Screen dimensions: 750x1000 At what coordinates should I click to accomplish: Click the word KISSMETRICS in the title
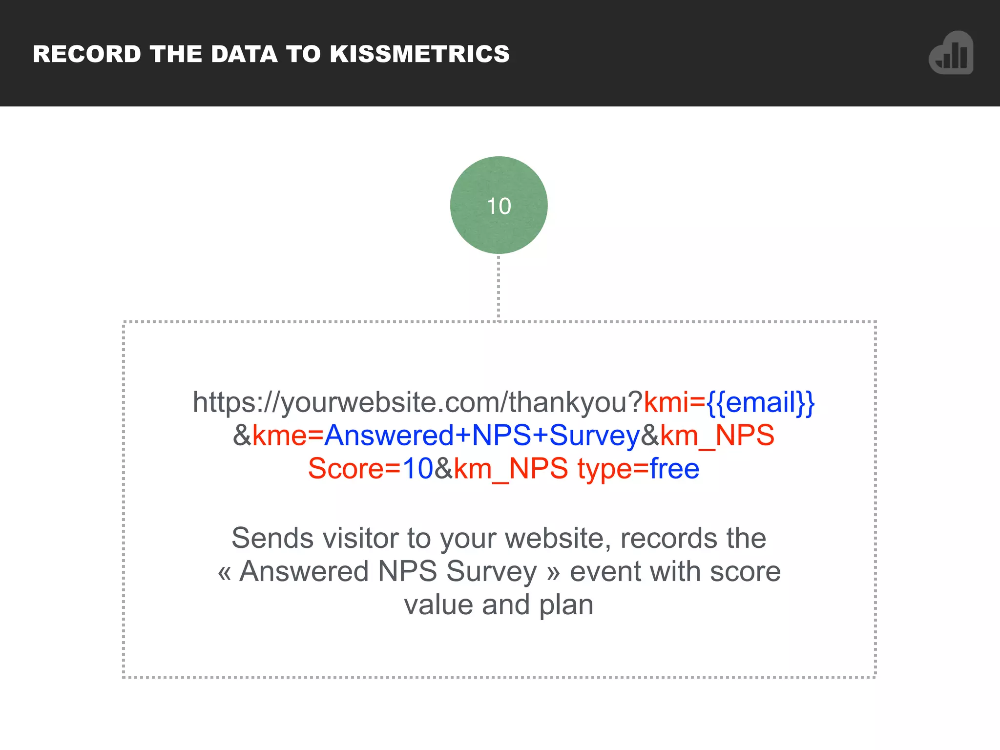click(x=419, y=54)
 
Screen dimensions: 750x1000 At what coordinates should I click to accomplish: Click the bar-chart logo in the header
click(x=951, y=53)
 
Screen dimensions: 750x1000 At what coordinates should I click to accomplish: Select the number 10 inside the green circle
click(x=499, y=206)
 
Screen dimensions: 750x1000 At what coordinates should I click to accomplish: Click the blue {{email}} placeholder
click(x=761, y=402)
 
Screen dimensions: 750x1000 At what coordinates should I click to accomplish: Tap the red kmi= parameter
click(x=674, y=402)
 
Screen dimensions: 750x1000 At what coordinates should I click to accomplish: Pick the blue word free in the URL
click(x=674, y=468)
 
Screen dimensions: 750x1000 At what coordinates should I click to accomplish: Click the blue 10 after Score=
click(x=417, y=468)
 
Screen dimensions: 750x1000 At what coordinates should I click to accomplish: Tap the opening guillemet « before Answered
click(x=224, y=572)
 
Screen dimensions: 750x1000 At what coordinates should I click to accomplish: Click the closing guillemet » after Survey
click(x=553, y=572)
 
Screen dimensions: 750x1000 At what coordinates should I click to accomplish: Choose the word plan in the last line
click(x=566, y=605)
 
